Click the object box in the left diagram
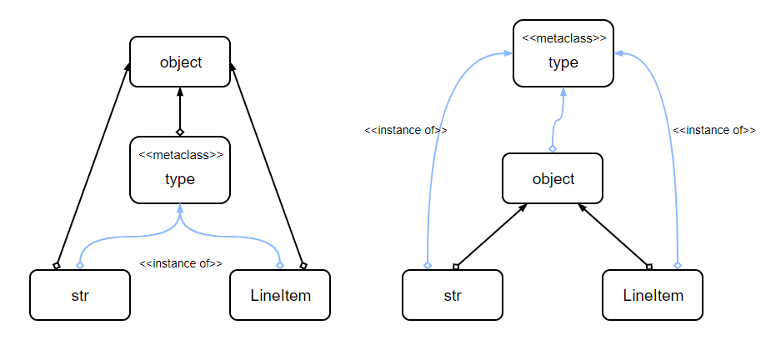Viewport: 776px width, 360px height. [180, 62]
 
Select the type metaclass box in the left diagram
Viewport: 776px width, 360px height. [180, 170]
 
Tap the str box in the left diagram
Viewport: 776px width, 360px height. [80, 295]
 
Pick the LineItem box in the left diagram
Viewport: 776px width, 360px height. [280, 295]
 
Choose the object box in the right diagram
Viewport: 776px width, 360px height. [553, 178]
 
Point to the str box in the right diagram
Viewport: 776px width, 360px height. [453, 295]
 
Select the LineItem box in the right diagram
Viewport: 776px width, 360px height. [653, 295]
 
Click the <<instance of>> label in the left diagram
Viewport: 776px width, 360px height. [181, 263]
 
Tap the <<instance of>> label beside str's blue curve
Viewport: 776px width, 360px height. [406, 131]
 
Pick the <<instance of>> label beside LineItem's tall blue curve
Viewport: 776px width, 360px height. [714, 131]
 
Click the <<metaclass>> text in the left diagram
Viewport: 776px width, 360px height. [180, 154]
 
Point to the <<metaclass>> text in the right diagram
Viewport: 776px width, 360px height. [563, 38]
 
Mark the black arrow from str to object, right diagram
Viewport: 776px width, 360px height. [490, 236]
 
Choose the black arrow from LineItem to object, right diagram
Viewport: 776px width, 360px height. [615, 236]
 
